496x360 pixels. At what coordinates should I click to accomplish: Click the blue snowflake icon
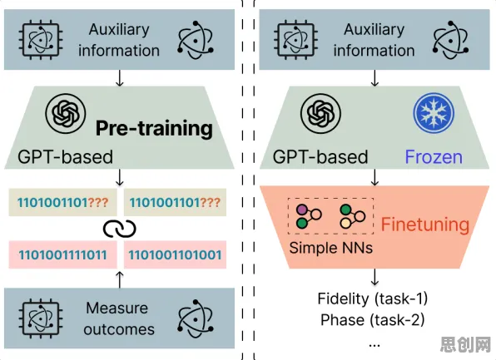(434, 113)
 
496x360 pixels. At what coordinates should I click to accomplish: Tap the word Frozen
(434, 157)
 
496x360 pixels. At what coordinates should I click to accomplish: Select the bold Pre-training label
(154, 128)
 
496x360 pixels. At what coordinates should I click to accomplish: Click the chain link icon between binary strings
(120, 229)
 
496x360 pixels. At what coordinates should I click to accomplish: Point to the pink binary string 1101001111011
(62, 254)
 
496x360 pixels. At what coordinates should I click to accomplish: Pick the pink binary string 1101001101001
(175, 254)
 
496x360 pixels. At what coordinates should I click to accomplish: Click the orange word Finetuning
(424, 224)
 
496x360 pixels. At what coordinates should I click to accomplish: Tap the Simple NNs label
(331, 248)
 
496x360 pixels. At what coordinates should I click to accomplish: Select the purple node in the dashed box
(302, 210)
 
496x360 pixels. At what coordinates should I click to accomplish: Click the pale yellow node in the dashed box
(345, 223)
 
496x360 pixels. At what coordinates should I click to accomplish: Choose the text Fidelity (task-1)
(373, 298)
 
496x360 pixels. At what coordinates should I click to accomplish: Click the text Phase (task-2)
(373, 320)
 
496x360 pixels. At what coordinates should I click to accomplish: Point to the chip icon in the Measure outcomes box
(41, 318)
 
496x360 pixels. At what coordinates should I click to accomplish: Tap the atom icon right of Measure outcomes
(196, 318)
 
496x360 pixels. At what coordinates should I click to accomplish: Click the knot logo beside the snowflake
(320, 113)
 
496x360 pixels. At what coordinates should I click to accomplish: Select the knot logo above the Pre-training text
(66, 113)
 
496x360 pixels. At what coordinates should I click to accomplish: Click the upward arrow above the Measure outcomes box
(120, 279)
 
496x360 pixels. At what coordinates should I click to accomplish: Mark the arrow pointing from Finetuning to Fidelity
(374, 277)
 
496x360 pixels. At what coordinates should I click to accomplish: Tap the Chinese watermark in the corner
(466, 344)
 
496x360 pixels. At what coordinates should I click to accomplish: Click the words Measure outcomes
(119, 318)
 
